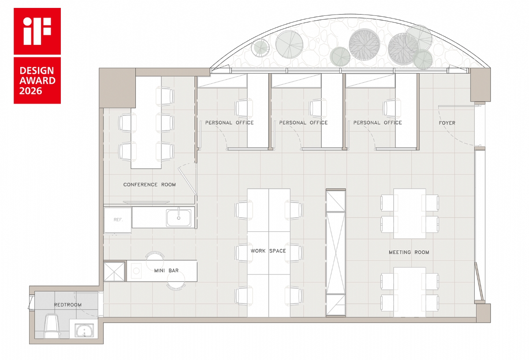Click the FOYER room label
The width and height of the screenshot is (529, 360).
pyautogui.click(x=447, y=123)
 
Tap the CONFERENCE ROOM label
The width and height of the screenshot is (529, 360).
pyautogui.click(x=149, y=185)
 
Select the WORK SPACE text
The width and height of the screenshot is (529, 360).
pyautogui.click(x=268, y=251)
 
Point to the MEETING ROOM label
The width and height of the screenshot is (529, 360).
pyautogui.click(x=409, y=252)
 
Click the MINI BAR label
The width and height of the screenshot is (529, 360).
pyautogui.click(x=166, y=271)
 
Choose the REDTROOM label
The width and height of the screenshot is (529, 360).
pyautogui.click(x=68, y=305)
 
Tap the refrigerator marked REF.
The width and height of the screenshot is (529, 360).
pyautogui.click(x=118, y=220)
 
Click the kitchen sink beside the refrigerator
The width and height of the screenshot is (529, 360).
pyautogui.click(x=179, y=218)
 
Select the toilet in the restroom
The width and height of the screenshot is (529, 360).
pyautogui.click(x=51, y=326)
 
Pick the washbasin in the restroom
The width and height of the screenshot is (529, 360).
pyautogui.click(x=84, y=330)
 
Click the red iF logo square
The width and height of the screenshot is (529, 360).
pyautogui.click(x=37, y=31)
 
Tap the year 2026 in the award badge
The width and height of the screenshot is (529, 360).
pyautogui.click(x=31, y=91)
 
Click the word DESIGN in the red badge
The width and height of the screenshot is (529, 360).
pyautogui.click(x=37, y=71)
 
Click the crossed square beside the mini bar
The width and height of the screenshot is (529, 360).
pyautogui.click(x=114, y=272)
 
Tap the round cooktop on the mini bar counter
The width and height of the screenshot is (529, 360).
pyautogui.click(x=137, y=271)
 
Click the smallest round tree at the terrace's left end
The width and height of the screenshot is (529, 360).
pyautogui.click(x=260, y=48)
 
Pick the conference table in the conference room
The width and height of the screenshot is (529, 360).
pyautogui.click(x=146, y=122)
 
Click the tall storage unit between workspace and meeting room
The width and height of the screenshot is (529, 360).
pyautogui.click(x=336, y=252)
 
